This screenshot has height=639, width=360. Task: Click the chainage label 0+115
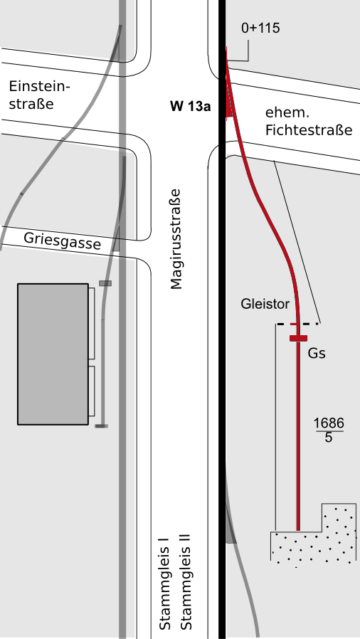pos(260,28)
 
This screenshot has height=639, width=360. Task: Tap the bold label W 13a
pos(191,107)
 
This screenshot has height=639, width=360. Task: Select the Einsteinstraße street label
pos(40,95)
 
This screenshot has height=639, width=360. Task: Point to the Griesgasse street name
pos(62,241)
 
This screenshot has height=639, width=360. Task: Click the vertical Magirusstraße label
pos(176,239)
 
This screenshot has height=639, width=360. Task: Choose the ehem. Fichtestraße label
pos(309,121)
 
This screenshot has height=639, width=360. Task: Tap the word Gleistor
pos(265,304)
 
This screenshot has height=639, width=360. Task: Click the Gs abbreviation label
pos(317,354)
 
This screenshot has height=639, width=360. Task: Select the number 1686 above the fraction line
pos(329,424)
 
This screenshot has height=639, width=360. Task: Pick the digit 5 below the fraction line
pos(329,438)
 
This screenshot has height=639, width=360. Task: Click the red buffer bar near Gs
pos(299,338)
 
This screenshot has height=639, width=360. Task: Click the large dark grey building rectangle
pos(53,354)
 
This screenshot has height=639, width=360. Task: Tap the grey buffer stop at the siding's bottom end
pos(102,426)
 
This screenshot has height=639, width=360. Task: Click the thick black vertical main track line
pos(222,319)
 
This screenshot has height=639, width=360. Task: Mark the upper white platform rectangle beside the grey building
pos(92,323)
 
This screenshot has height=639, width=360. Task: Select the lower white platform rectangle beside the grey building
pos(92,391)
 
